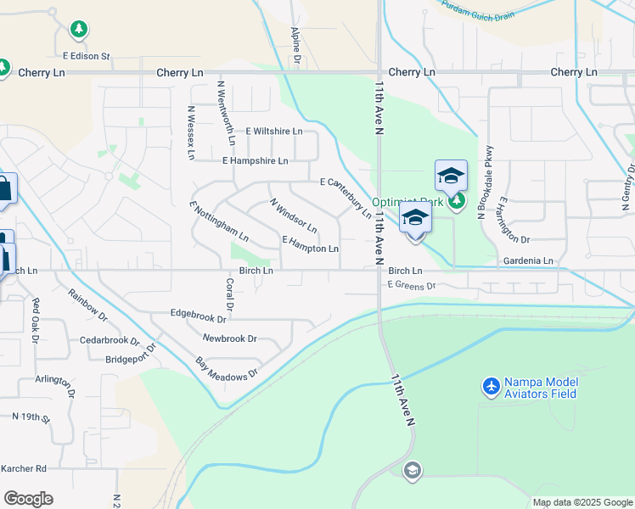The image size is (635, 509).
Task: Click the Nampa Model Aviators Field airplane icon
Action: (491, 387)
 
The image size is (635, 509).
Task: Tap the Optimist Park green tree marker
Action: (458, 201)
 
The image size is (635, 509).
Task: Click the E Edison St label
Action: (87, 57)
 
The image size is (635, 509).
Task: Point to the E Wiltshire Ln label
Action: (273, 131)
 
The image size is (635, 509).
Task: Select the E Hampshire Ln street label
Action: (255, 160)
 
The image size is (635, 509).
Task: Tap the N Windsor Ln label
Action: (293, 216)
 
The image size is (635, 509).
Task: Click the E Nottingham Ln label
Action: (219, 221)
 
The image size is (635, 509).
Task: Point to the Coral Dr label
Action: (229, 294)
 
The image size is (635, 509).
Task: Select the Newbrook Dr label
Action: (229, 338)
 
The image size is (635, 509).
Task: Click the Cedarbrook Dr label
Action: (110, 341)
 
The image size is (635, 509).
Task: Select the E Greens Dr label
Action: (411, 286)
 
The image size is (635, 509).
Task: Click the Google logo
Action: (28, 499)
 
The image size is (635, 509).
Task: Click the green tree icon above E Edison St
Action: (79, 31)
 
